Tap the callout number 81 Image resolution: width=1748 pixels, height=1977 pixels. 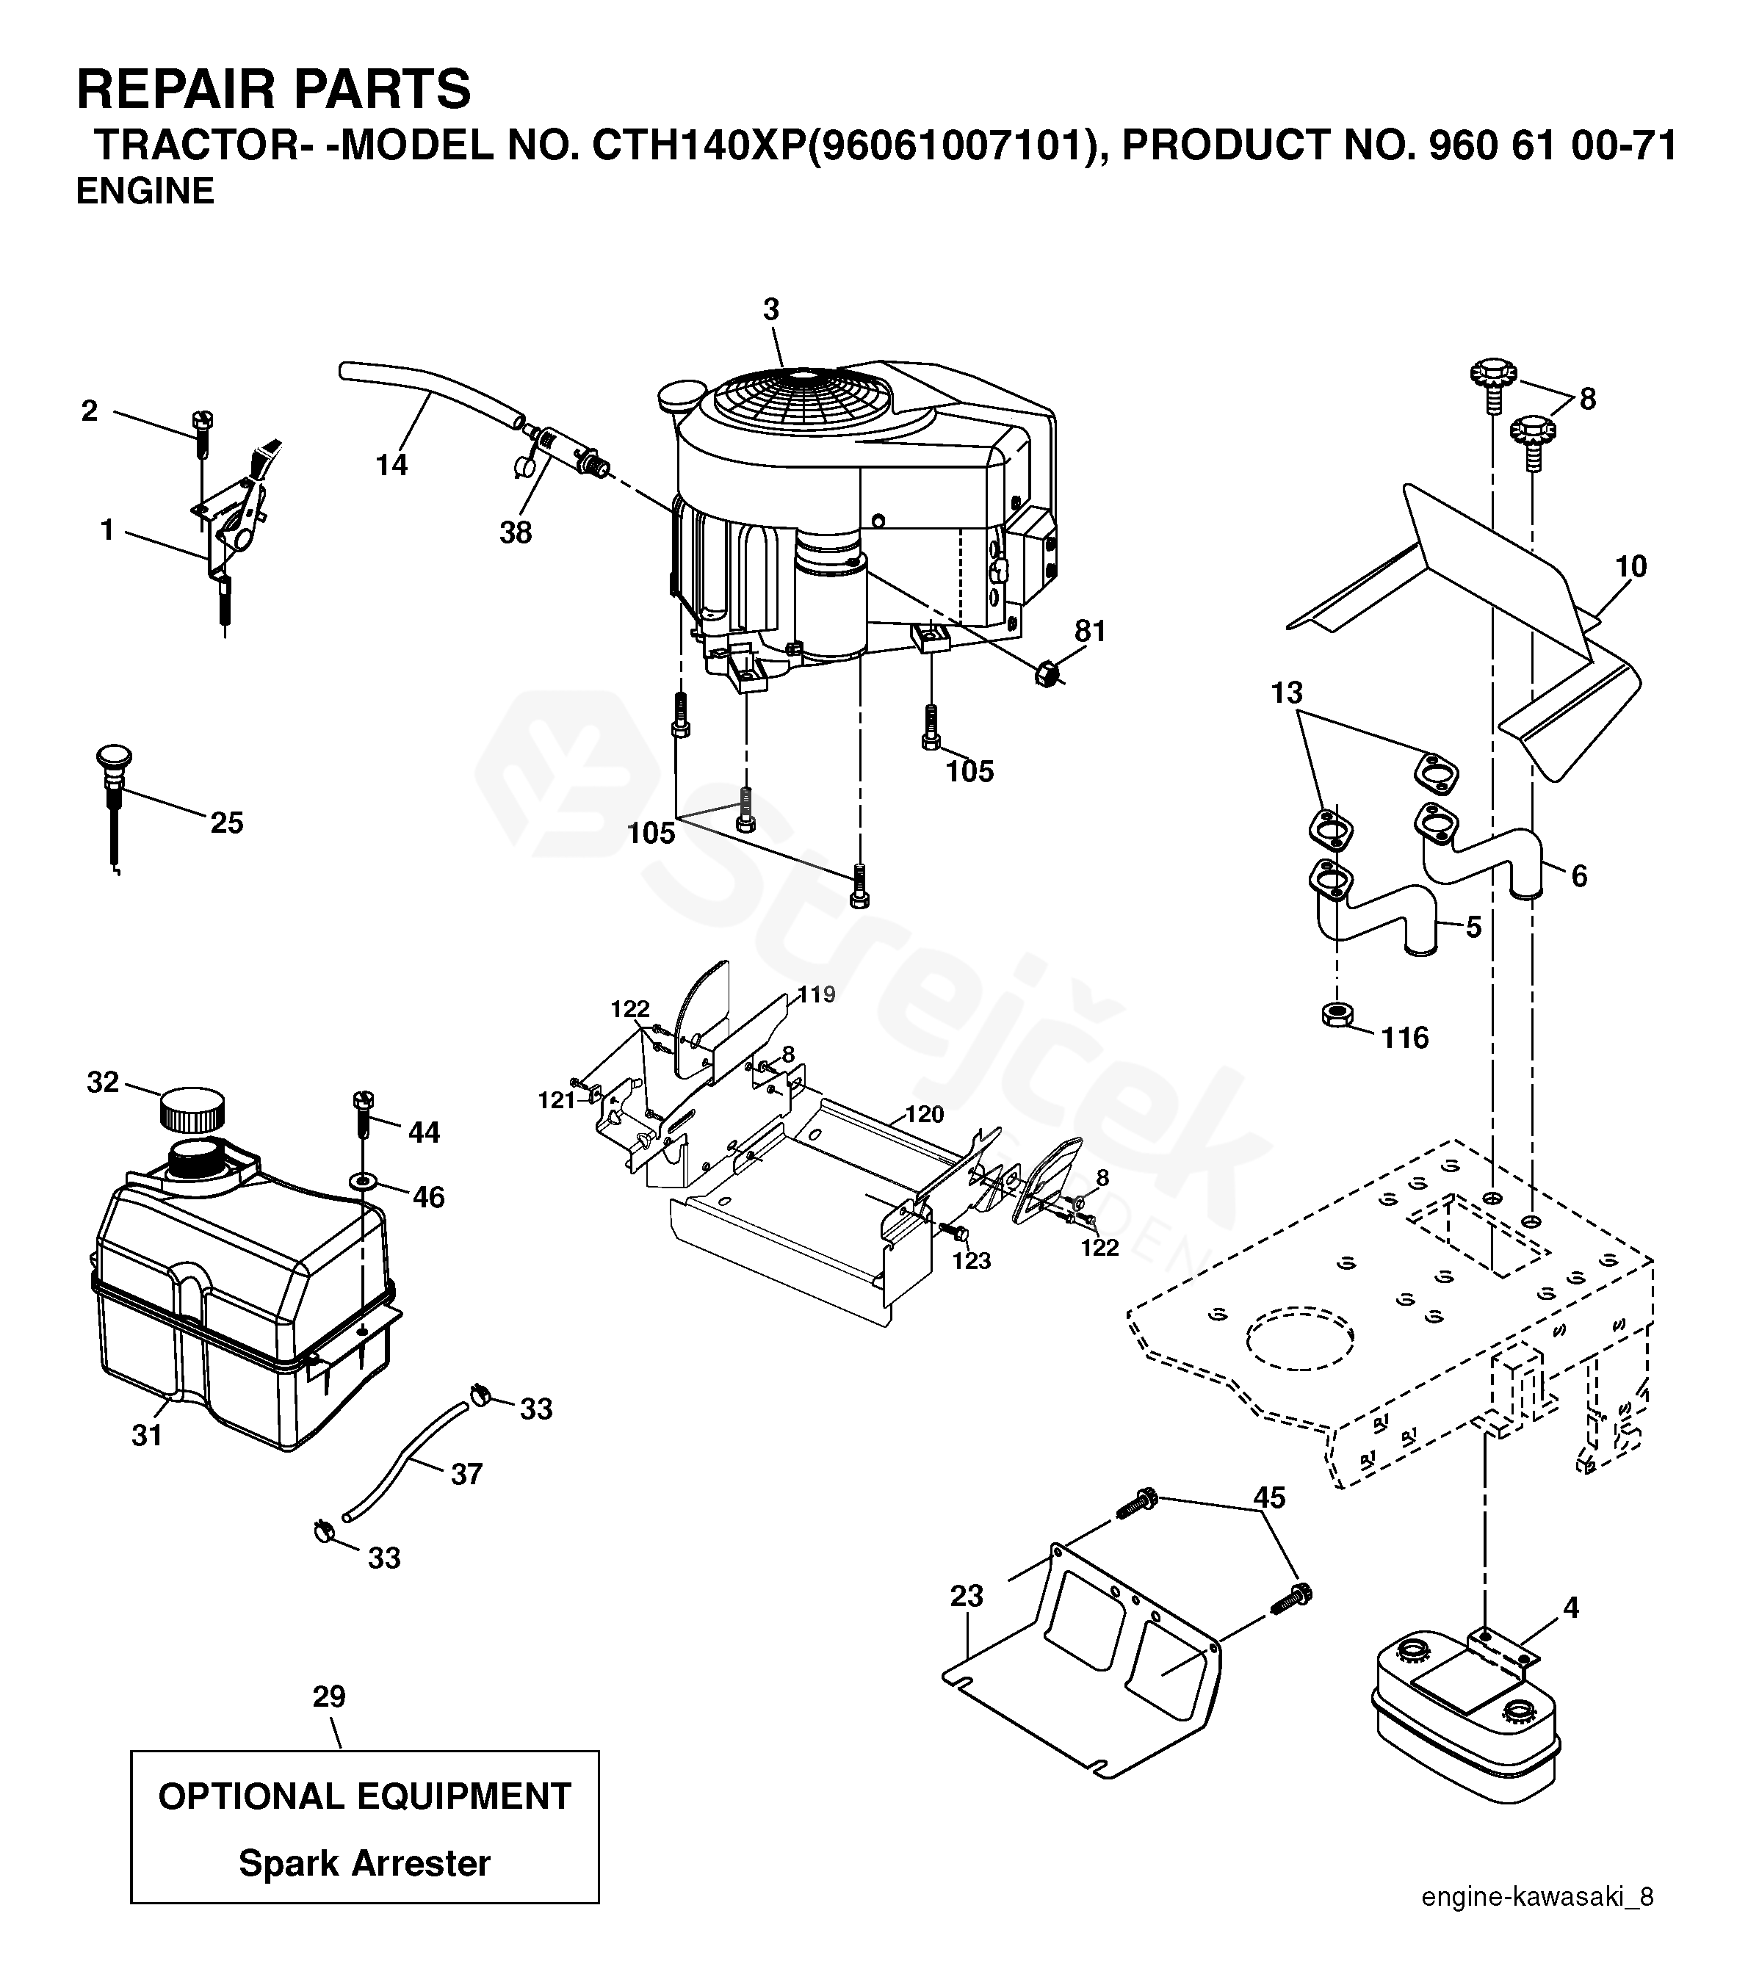(1090, 631)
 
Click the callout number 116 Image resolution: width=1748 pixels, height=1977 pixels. (1404, 1038)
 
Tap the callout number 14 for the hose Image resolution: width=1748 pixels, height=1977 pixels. (391, 465)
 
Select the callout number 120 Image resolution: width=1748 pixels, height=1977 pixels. (924, 1114)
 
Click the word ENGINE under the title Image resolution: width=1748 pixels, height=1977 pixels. (145, 192)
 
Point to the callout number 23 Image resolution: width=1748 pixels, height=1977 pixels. (967, 1596)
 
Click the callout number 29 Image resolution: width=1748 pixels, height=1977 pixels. (329, 1696)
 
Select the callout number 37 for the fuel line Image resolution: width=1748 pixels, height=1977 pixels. (466, 1474)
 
